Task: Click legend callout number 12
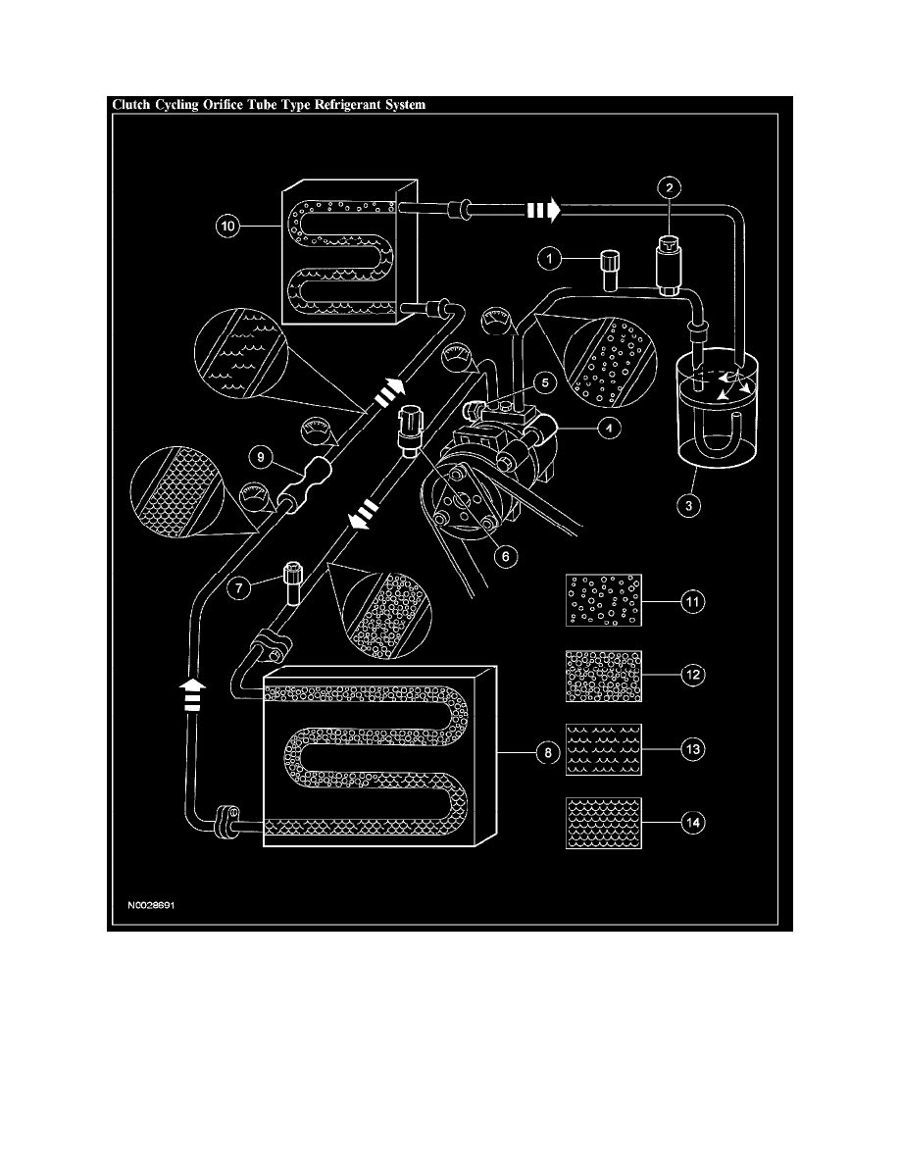click(693, 676)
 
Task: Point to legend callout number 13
click(693, 748)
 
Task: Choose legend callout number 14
click(693, 823)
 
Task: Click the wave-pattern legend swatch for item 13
click(603, 749)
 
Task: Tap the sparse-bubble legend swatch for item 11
click(603, 600)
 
